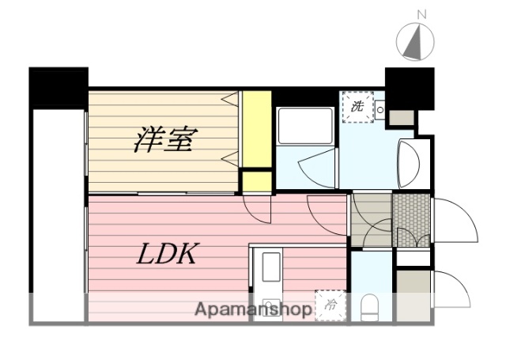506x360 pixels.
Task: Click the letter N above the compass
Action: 421,14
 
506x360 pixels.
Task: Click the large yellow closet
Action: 255,130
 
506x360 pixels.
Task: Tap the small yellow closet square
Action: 255,181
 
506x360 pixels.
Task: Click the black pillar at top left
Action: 58,87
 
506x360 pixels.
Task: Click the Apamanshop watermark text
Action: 252,309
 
